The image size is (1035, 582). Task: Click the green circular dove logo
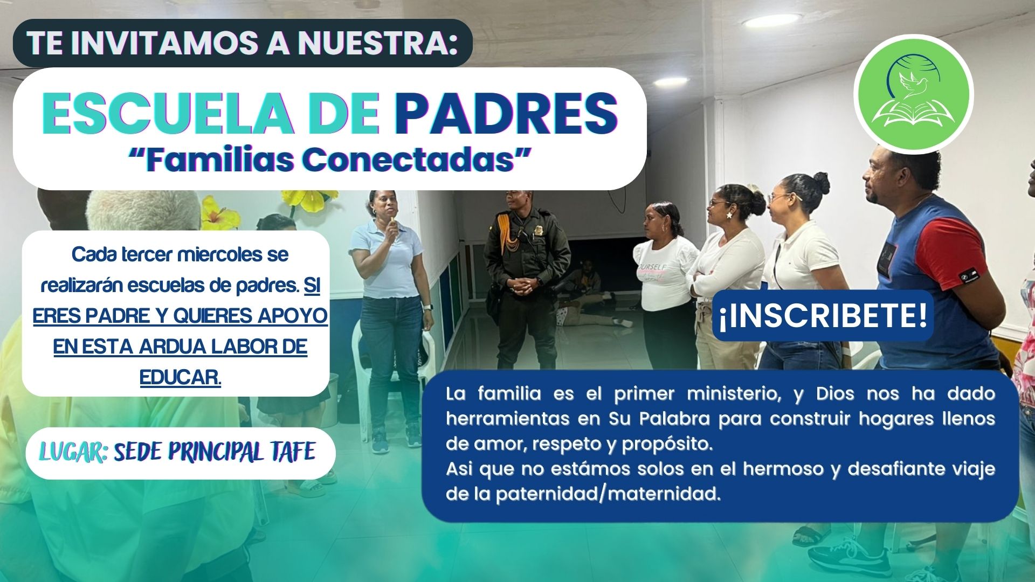point(913,95)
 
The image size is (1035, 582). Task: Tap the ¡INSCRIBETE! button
point(823,316)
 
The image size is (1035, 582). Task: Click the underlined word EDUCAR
point(181,377)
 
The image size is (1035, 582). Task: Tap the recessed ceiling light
point(764,21)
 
